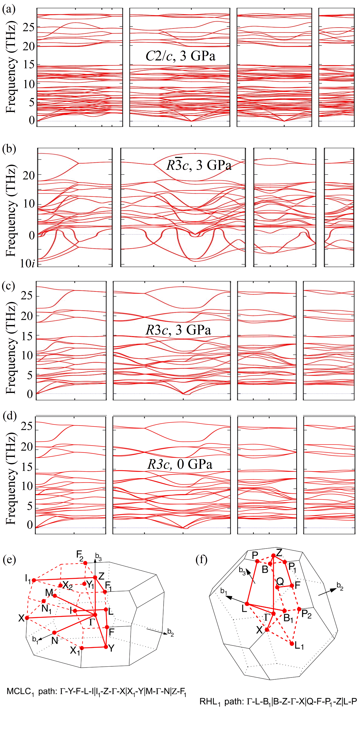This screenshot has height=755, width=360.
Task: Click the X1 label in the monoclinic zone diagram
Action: coord(75,650)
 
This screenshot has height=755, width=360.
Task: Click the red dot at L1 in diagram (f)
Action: coord(292,644)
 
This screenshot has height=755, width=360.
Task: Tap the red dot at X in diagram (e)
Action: coord(27,618)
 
